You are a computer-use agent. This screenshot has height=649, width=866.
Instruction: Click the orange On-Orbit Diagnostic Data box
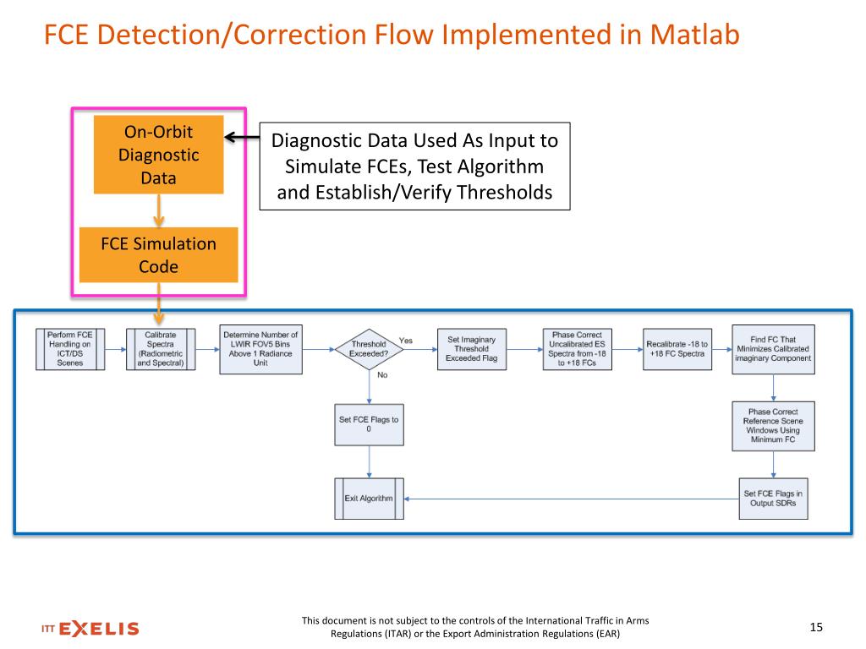[x=158, y=155]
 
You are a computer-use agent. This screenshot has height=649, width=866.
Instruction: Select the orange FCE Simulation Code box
[x=158, y=254]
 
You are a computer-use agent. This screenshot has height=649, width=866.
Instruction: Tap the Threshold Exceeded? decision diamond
[x=369, y=348]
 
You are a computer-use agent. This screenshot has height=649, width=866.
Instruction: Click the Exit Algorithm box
[x=369, y=499]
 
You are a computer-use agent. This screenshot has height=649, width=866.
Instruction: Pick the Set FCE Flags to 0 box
[x=369, y=424]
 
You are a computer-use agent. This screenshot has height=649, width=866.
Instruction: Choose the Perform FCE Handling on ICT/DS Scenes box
[x=69, y=349]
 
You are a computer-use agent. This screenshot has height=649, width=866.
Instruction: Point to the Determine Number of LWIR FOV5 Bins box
[x=260, y=348]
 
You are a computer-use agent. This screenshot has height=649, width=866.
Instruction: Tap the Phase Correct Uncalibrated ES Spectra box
[x=577, y=349]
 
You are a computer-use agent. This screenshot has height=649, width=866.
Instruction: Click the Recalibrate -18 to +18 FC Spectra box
[x=677, y=349]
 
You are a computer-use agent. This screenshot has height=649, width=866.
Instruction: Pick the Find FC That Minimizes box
[x=773, y=349]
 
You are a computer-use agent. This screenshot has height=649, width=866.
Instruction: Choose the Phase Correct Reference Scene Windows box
[x=773, y=425]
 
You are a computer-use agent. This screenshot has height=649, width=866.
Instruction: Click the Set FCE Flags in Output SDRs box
[x=773, y=499]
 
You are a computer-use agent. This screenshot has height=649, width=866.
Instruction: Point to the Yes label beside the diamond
[x=406, y=341]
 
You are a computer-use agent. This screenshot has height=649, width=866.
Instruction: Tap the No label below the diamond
[x=382, y=375]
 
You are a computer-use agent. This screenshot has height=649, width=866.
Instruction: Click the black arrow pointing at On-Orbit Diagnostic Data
[x=240, y=139]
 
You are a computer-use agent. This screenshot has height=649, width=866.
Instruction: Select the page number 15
[x=816, y=627]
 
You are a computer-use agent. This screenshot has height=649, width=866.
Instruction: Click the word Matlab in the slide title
[x=694, y=35]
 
